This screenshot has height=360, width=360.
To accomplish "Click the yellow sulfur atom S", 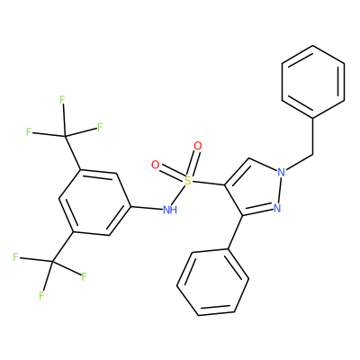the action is point(187,181).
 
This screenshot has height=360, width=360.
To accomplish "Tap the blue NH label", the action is point(170,210).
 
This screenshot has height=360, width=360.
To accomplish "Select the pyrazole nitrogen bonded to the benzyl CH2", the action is point(281,172).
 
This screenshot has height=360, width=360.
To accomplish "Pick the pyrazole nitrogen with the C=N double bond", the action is point(277,208).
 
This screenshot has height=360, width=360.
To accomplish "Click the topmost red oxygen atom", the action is point(198,146).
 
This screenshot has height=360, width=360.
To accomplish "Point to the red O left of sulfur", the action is point(155,165).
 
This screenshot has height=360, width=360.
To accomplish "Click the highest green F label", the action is point(62,100).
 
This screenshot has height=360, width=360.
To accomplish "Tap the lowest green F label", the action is point(41,296).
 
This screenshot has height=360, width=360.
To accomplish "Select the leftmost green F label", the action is point(15,257).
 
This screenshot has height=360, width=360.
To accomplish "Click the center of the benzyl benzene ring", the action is point(313,81).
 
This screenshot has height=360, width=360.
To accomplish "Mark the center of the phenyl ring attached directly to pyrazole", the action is point(212,282).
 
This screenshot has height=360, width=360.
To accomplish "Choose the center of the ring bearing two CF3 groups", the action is point(94,202).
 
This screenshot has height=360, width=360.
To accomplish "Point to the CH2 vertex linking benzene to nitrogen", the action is point(313,155).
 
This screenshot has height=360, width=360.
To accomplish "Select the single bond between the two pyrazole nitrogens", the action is point(279,190).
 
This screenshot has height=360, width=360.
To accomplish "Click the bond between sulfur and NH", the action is point(179,194).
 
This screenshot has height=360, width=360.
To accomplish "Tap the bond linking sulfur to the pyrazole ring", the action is point(208,183).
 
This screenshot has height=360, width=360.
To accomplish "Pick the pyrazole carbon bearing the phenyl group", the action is point(242,215).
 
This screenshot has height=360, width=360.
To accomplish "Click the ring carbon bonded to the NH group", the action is point(131,206).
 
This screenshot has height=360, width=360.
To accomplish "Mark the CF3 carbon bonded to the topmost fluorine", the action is point(65,137).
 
